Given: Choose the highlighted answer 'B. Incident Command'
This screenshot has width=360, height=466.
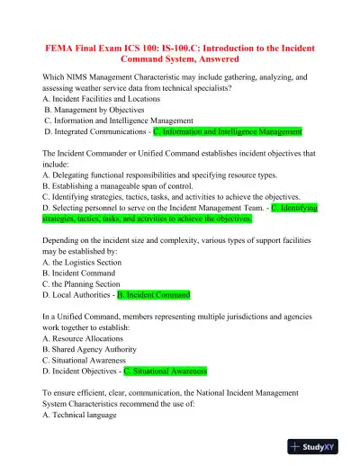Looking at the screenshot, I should pyautogui.click(x=154, y=294).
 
